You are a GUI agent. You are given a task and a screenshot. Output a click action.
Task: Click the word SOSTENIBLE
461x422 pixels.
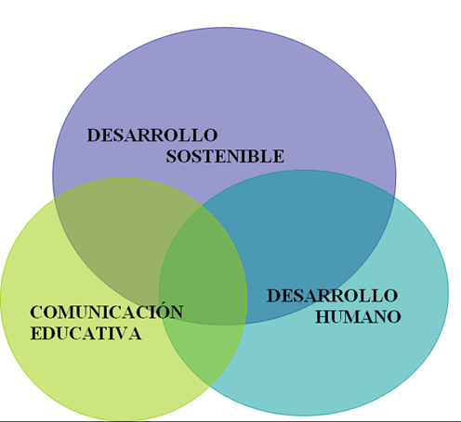coord(225,156)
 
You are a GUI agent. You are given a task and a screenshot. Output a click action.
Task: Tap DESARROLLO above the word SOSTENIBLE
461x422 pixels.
coord(152,135)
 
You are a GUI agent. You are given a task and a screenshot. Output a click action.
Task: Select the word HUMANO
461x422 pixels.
coord(358,317)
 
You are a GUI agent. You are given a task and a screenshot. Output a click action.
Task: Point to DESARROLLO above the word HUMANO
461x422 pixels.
coord(332,296)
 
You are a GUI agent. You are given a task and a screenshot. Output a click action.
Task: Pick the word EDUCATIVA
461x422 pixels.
coord(86,334)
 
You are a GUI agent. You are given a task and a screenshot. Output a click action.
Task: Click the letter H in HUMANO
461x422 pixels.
coord(323,317)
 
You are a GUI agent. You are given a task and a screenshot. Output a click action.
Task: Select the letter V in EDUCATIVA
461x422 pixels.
coord(122,334)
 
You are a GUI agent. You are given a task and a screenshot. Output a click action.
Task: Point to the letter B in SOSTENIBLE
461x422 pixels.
coord(255,156)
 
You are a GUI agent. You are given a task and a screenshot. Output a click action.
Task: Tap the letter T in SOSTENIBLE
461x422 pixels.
coord(206,156)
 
